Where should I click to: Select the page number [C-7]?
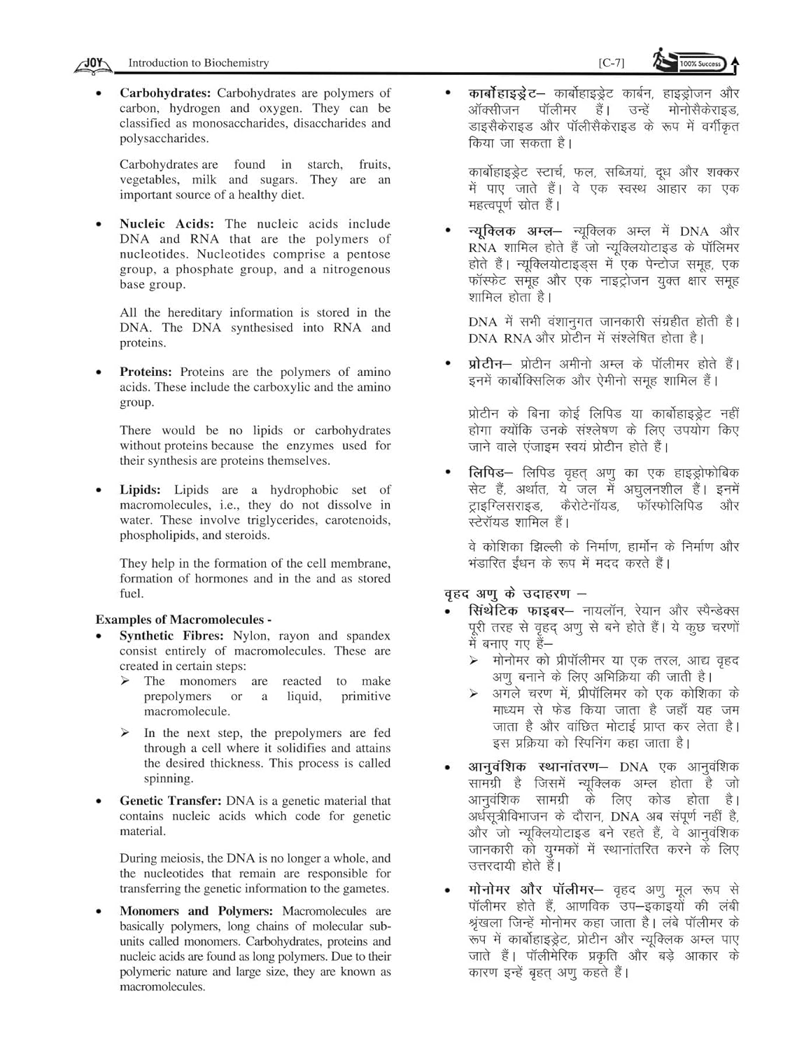point(612,63)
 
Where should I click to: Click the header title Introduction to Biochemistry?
point(198,63)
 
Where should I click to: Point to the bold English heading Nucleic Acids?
point(167,224)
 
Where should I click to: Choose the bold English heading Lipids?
point(140,490)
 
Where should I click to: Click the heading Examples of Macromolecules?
point(183,619)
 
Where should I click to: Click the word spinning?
point(169,778)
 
